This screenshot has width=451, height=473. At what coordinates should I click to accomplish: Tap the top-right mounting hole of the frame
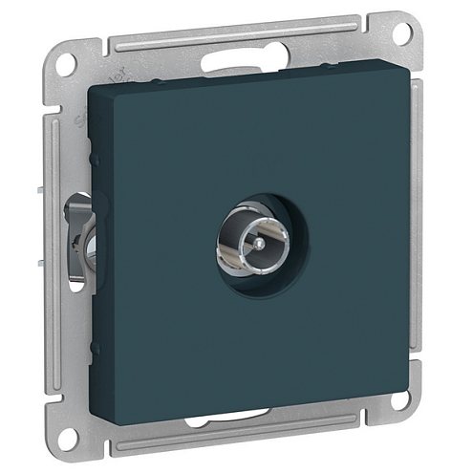pyautogui.click(x=400, y=32)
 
